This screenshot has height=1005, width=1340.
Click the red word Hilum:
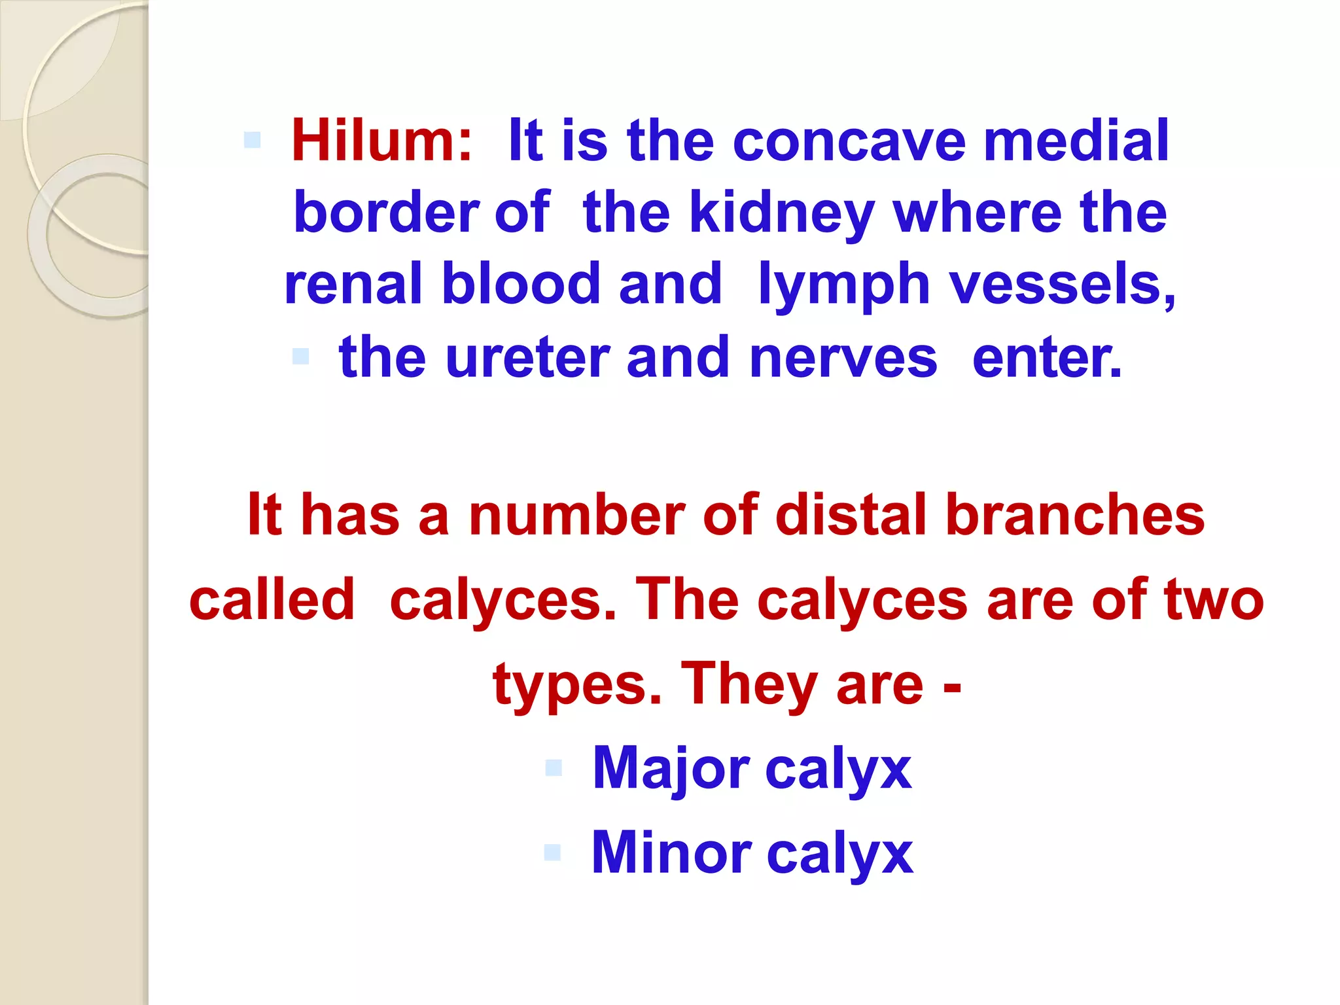381,141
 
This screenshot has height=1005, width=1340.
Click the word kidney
782,213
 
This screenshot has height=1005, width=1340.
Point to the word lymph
843,285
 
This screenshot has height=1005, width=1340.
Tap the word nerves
843,359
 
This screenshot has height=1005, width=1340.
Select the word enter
1047,357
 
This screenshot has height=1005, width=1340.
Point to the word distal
851,515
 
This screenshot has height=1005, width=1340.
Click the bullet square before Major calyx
554,767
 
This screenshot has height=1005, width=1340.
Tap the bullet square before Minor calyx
553,852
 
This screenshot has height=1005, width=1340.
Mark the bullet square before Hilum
252,139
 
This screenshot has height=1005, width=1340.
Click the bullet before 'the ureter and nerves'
300,356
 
